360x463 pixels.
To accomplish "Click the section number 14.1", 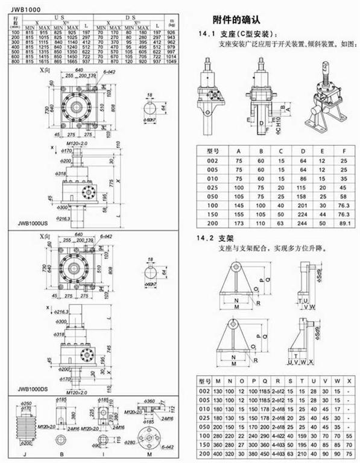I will tap(207, 33).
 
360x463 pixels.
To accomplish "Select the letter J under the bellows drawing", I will tap(25, 455).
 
